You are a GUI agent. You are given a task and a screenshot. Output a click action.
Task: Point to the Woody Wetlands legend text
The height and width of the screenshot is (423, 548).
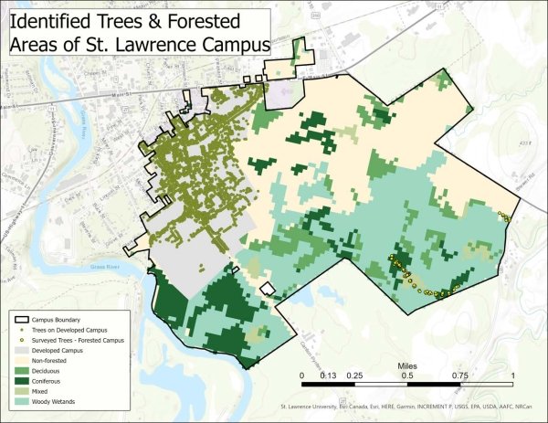tap(55, 401)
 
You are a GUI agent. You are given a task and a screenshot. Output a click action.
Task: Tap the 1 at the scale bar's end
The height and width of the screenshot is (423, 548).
tap(512, 375)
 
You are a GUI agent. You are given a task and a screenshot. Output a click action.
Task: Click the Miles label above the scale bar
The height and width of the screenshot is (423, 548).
tap(406, 365)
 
